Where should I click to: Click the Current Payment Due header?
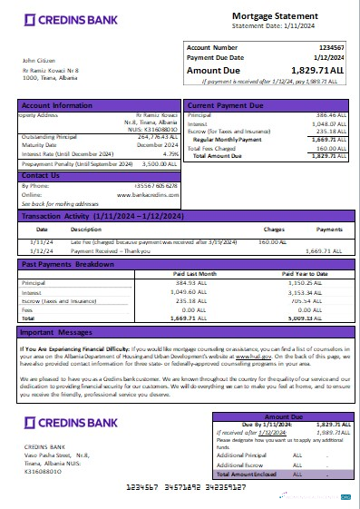227,106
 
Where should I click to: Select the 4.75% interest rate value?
169,154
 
